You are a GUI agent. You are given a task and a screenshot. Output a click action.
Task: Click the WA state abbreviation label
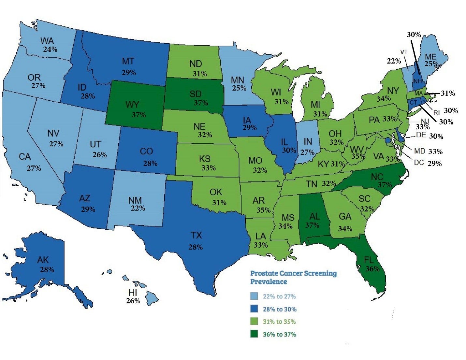tap(47, 41)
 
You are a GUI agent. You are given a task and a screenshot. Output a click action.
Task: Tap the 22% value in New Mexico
tap(138, 208)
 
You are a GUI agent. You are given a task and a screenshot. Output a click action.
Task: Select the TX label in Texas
tap(196, 235)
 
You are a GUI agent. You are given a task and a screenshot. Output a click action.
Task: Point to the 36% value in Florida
tap(372, 269)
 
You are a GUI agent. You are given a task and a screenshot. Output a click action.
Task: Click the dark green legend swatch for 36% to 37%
tap(254, 334)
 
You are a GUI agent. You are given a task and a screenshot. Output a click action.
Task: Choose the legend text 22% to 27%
tap(279, 296)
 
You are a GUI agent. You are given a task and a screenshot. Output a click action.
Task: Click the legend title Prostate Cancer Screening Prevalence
tap(293, 277)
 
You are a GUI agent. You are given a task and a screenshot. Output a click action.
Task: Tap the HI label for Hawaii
tap(133, 292)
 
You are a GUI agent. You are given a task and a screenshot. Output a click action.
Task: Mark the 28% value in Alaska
tap(47, 270)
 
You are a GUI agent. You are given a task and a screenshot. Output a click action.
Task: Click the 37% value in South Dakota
tap(201, 103)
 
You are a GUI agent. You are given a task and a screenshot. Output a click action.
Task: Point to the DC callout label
tap(419, 162)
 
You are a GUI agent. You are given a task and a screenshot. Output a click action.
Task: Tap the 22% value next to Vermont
tap(394, 61)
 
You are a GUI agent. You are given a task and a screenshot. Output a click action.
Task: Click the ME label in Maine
tap(430, 57)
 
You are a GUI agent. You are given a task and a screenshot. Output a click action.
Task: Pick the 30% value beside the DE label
tap(436, 137)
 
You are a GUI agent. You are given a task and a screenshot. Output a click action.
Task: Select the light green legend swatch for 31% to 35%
tap(254, 322)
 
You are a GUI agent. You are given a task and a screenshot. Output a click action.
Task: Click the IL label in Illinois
tap(284, 142)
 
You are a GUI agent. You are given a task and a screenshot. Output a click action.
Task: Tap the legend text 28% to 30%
tap(280, 309)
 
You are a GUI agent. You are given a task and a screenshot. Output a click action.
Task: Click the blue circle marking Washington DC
tap(387, 140)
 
